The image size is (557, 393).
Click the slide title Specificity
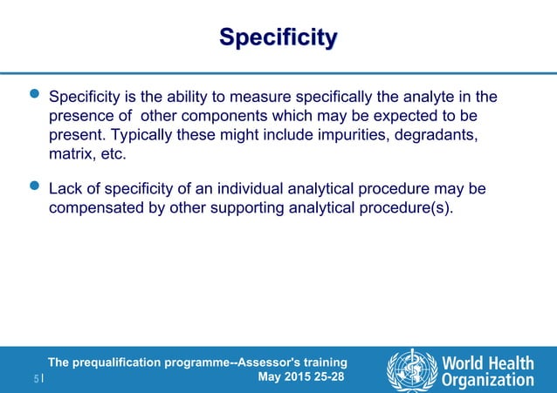(278, 38)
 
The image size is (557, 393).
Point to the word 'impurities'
(319, 136)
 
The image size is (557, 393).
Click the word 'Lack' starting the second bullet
(65, 188)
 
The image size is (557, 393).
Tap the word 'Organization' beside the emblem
(488, 380)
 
